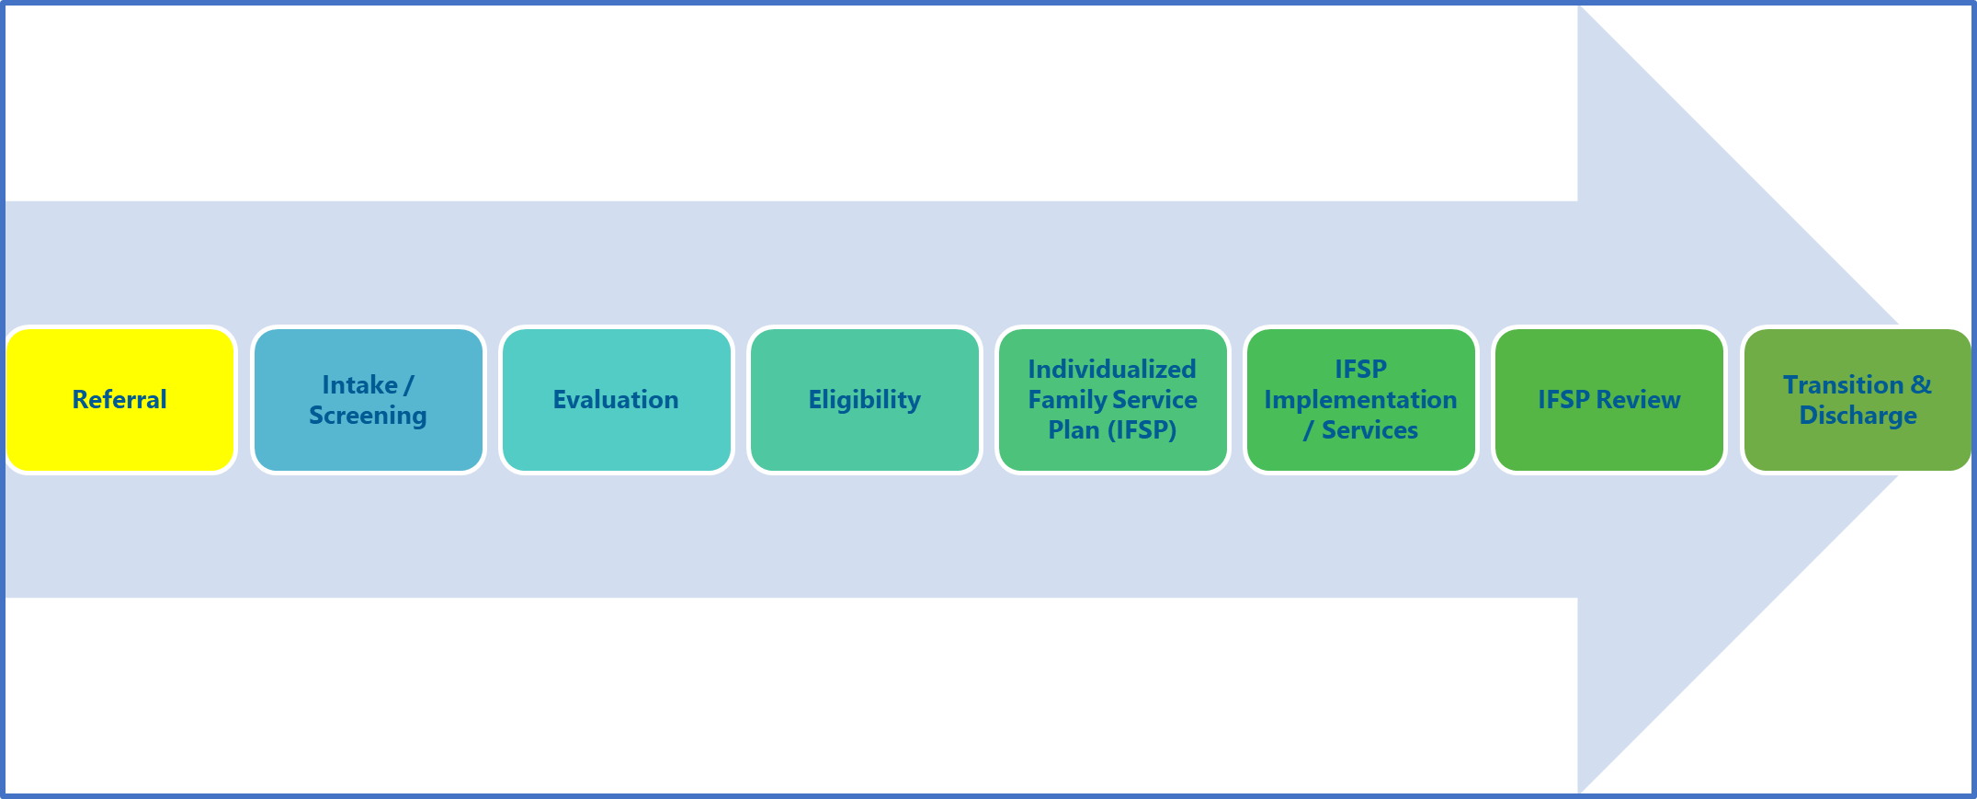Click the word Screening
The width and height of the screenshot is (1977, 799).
pos(368,416)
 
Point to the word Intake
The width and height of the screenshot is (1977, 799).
pos(359,384)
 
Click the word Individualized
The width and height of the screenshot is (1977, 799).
pos(1112,369)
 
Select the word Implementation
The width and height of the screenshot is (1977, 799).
pos(1360,399)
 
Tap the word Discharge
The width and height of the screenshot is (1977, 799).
pos(1858,416)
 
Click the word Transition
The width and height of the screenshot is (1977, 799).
pos(1843,384)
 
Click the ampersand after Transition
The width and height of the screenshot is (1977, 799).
pos(1922,384)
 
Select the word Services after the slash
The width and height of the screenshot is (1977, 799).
pos(1369,429)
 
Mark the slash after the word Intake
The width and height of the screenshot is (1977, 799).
pos(409,384)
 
